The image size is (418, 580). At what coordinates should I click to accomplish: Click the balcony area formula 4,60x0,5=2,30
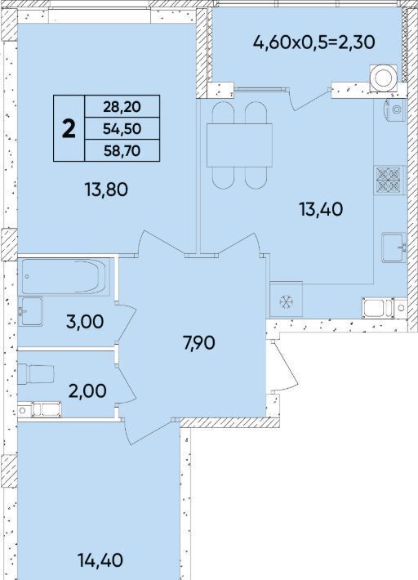[313, 42]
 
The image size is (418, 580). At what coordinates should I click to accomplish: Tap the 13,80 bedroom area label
[106, 190]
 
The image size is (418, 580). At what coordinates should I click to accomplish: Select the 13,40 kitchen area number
[321, 209]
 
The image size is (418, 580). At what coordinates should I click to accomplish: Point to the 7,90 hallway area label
[199, 343]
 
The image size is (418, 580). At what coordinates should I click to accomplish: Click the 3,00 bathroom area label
[85, 322]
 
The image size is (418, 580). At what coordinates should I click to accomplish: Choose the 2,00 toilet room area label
[87, 390]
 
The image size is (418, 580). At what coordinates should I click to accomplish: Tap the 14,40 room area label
[100, 560]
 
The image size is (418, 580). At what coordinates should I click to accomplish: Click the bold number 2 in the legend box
[69, 129]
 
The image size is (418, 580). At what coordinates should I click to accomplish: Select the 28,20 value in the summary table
[122, 107]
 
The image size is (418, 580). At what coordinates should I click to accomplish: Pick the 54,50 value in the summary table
[122, 129]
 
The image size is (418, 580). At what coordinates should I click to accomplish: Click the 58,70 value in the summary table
[122, 150]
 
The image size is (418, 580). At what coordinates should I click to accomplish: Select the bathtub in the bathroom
[66, 277]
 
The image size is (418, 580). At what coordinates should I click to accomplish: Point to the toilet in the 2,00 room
[36, 374]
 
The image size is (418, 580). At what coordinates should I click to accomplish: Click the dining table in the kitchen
[239, 145]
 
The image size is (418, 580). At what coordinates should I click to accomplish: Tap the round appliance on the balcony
[384, 78]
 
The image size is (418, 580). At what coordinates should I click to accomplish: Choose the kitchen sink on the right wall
[394, 247]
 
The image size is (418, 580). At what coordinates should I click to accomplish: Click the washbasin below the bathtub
[30, 311]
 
